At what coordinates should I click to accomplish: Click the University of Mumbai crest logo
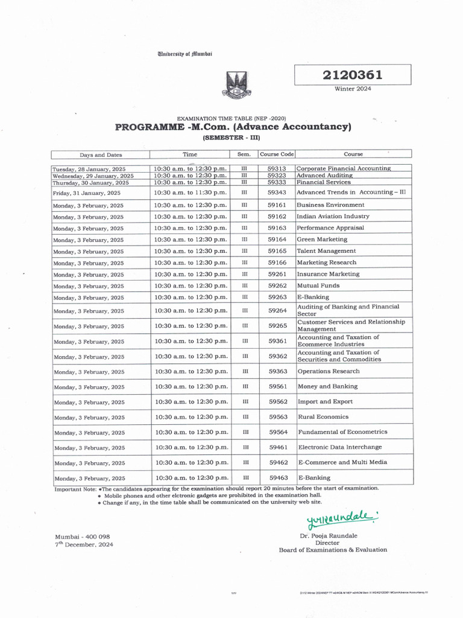pyautogui.click(x=237, y=85)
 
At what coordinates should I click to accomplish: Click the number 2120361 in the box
pyautogui.click(x=353, y=75)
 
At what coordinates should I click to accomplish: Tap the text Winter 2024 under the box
pyautogui.click(x=353, y=89)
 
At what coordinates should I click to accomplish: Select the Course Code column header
pyautogui.click(x=276, y=154)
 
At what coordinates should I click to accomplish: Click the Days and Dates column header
pyautogui.click(x=101, y=155)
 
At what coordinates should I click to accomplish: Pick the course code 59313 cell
pyautogui.click(x=277, y=168)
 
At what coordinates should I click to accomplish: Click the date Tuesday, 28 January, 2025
pyautogui.click(x=89, y=169)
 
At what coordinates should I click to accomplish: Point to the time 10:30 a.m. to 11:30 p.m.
pyautogui.click(x=191, y=193)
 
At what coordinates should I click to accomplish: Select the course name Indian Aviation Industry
pyautogui.click(x=333, y=216)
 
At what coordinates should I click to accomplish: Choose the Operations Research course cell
pyautogui.click(x=328, y=372)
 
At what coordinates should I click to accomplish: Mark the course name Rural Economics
pyautogui.click(x=323, y=417)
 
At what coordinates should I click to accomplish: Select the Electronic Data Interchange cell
pyautogui.click(x=339, y=447)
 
